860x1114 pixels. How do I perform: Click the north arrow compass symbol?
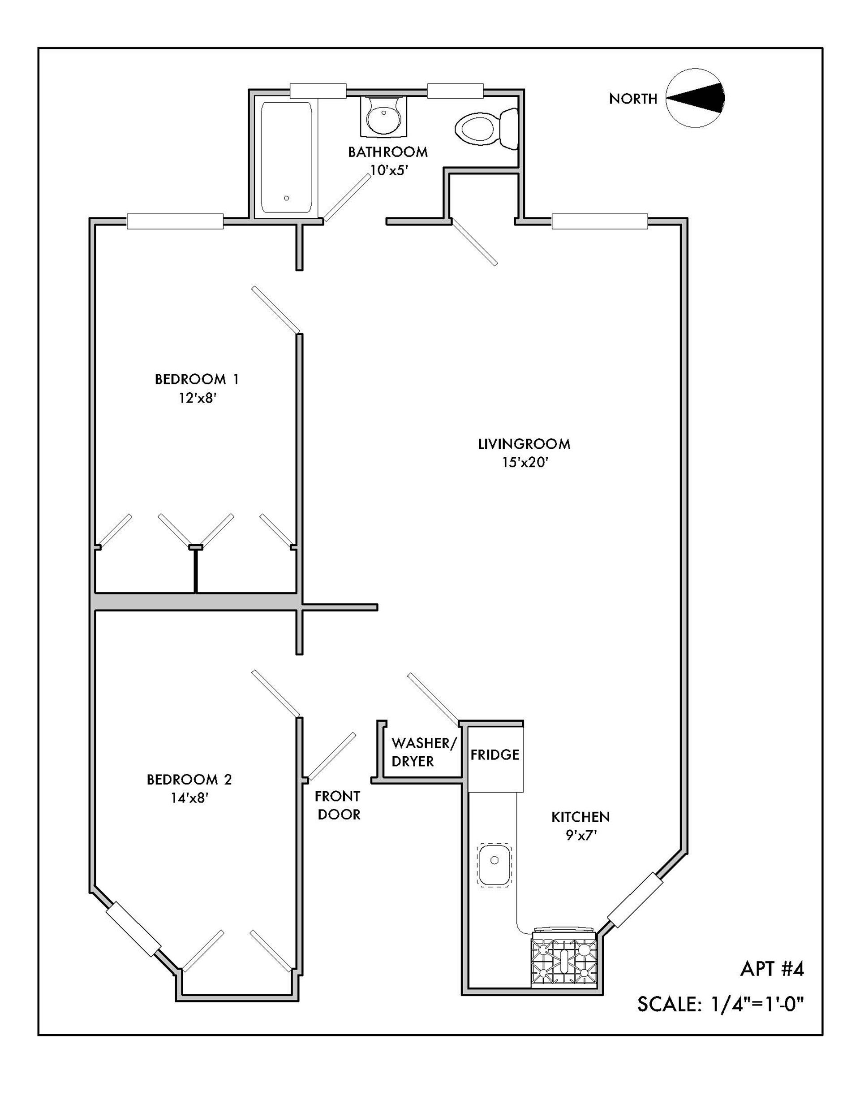pyautogui.click(x=695, y=97)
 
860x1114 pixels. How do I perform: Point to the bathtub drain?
pyautogui.click(x=287, y=198)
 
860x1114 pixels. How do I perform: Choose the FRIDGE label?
pyautogui.click(x=494, y=754)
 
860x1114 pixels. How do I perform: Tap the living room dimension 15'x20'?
pyautogui.click(x=525, y=463)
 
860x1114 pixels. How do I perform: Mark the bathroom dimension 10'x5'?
pyautogui.click(x=388, y=170)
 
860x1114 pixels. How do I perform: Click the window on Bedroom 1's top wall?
pyautogui.click(x=175, y=221)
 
